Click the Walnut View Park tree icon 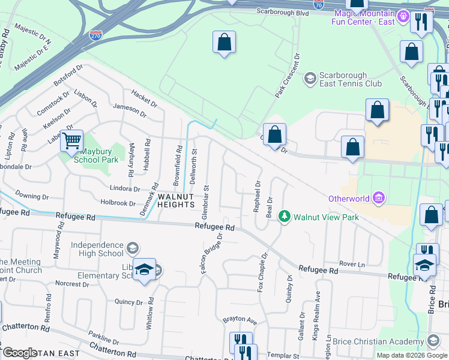pyautogui.click(x=286, y=217)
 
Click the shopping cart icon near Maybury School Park pyautogui.click(x=72, y=141)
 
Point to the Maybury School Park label pyautogui.click(x=99, y=156)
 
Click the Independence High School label pyautogui.click(x=97, y=249)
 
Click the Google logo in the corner pyautogui.click(x=20, y=353)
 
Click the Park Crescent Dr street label pyautogui.click(x=287, y=76)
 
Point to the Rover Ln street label pyautogui.click(x=352, y=263)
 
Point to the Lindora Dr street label pyautogui.click(x=124, y=188)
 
